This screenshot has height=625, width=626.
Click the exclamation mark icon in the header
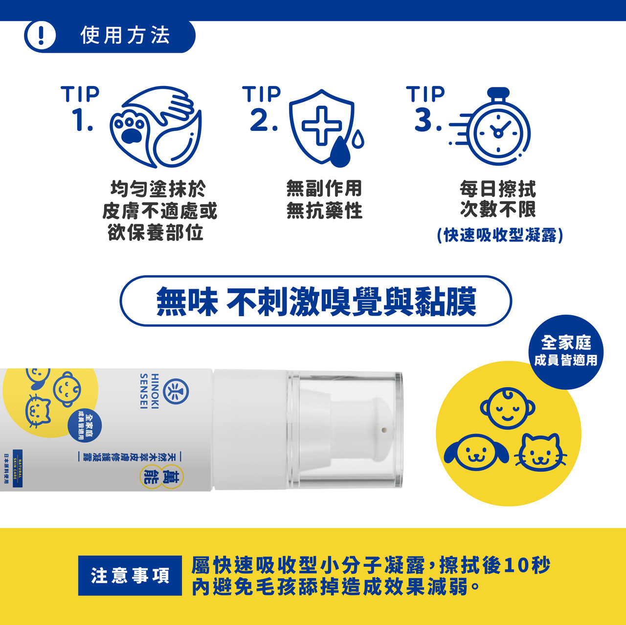click(x=41, y=36)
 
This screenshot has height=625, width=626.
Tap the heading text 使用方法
click(x=125, y=36)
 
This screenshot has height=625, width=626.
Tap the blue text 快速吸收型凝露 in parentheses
click(x=500, y=236)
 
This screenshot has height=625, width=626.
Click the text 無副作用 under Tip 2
click(x=324, y=189)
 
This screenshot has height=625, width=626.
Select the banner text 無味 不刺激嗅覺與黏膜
click(x=316, y=301)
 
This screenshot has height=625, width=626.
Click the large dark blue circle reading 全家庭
click(x=566, y=351)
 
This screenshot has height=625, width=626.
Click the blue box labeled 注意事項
click(x=130, y=575)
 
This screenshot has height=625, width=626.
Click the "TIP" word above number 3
click(x=425, y=94)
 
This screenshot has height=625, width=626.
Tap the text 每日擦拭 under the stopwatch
click(x=498, y=189)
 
